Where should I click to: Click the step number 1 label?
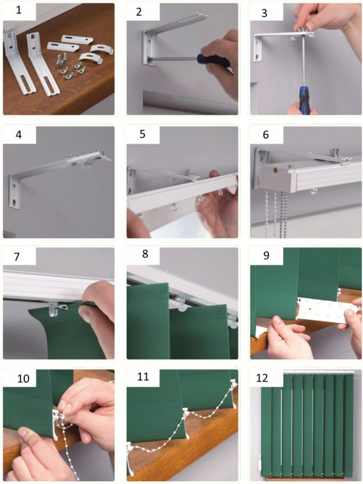[19, 10]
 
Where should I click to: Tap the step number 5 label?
[142, 134]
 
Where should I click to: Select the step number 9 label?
[266, 255]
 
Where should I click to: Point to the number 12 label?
[262, 378]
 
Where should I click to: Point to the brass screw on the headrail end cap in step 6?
[274, 169]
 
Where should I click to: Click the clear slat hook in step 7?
[54, 309]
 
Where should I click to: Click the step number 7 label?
[17, 257]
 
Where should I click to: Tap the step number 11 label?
[143, 377]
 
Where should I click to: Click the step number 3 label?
[264, 13]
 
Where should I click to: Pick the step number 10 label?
[23, 378]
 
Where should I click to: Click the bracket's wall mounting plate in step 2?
[147, 47]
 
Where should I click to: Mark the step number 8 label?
[145, 254]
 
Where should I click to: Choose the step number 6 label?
[265, 135]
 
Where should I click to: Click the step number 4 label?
[19, 135]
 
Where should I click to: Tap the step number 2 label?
[139, 12]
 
